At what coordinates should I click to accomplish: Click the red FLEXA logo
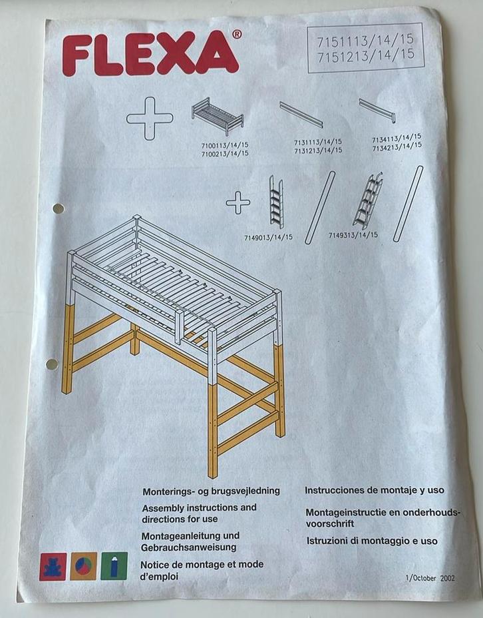tap(150, 55)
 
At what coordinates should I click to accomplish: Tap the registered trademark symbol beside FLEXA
tap(237, 35)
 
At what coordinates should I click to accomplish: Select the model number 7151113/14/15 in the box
tap(365, 40)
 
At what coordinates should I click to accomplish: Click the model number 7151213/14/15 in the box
tap(366, 55)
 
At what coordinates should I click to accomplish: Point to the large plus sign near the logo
tap(150, 119)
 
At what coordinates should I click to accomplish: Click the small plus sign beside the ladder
tap(238, 202)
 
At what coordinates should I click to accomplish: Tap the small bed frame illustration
tap(218, 116)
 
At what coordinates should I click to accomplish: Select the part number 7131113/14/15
tap(318, 142)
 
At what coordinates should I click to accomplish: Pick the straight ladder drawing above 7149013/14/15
tap(276, 202)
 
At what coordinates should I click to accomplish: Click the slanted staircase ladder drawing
tap(368, 200)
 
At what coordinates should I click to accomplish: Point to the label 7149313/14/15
tap(353, 235)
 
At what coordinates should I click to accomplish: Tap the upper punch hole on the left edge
tap(59, 208)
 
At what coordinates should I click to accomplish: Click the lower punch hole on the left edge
tap(52, 364)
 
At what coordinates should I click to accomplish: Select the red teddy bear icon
tap(53, 567)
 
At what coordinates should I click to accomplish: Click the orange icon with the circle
tap(83, 566)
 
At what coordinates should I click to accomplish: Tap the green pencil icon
tap(114, 566)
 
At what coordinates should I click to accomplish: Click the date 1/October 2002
tap(430, 578)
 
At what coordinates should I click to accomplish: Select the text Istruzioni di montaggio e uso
tap(372, 541)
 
